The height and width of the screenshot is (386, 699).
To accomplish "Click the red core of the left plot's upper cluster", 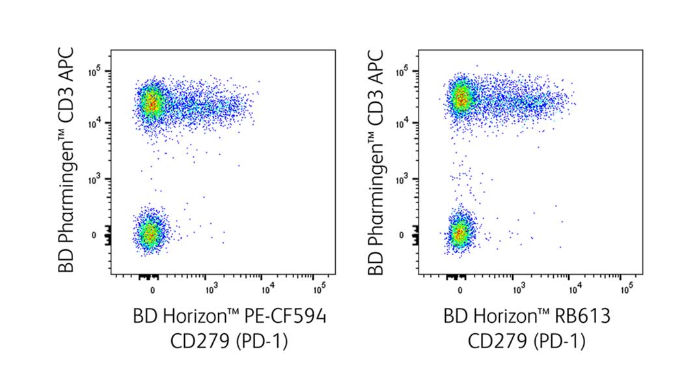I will click(x=152, y=102).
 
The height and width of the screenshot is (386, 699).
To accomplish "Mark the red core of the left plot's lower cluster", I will click(x=150, y=234).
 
